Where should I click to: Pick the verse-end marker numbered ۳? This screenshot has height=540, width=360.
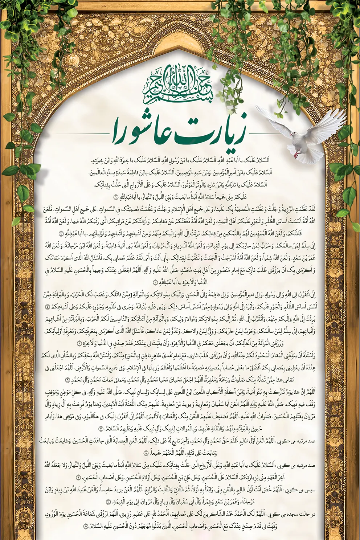click(155, 282)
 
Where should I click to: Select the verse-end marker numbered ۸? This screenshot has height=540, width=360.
click(146, 453)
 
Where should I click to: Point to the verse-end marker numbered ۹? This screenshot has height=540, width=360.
click(78, 477)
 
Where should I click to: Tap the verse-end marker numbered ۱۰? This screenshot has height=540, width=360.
click(109, 502)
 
